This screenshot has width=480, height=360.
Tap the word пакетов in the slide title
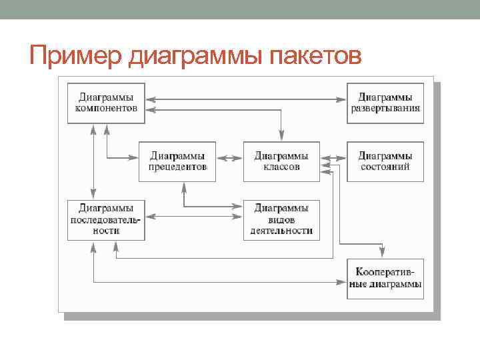click(315, 55)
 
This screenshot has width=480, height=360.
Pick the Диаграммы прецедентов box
click(178, 161)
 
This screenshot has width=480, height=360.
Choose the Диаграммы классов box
click(281, 161)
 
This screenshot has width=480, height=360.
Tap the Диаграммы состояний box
click(385, 161)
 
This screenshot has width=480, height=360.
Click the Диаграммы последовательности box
click(107, 219)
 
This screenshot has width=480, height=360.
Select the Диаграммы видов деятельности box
click(281, 219)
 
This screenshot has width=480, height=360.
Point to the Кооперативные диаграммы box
click(385, 279)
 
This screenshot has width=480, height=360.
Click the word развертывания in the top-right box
click(385, 109)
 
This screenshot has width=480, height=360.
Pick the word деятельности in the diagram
click(281, 231)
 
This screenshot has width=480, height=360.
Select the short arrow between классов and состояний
click(334, 158)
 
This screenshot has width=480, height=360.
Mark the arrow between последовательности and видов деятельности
click(194, 216)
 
